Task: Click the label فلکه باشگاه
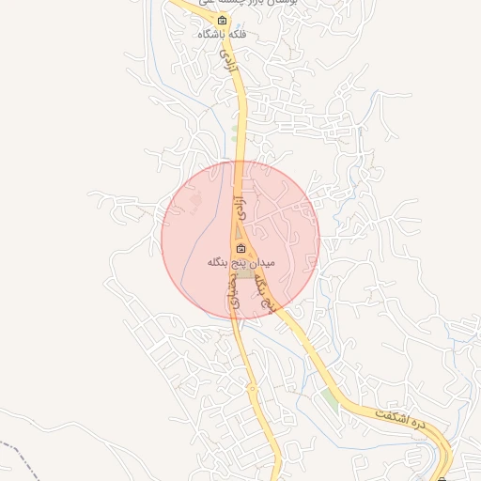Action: click(x=222, y=35)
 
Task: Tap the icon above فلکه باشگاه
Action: click(x=222, y=21)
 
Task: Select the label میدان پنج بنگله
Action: click(x=240, y=262)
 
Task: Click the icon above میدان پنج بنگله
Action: click(x=240, y=249)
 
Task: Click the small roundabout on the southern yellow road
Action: click(x=252, y=386)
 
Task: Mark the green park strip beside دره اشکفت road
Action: click(x=328, y=398)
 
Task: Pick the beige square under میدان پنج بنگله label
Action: click(x=243, y=273)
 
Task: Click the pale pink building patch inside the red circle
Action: click(x=195, y=200)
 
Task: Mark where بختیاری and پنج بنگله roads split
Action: click(x=246, y=282)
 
